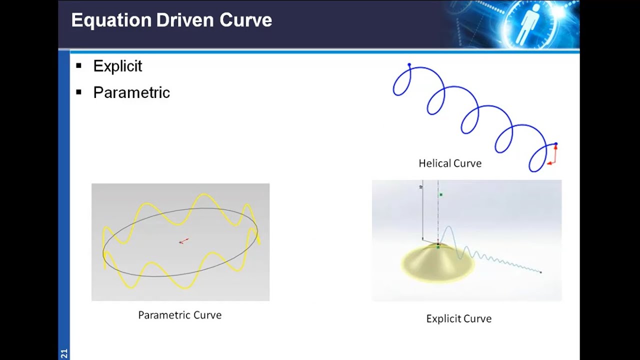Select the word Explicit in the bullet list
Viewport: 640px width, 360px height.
pos(117,66)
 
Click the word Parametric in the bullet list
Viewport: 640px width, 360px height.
pos(131,93)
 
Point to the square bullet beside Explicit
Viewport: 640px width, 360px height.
pos(78,66)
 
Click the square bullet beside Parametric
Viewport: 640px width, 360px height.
pos(78,92)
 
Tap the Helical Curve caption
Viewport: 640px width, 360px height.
pos(450,163)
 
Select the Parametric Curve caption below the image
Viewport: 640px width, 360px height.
pos(179,315)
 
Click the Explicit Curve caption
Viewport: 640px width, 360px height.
pos(458,319)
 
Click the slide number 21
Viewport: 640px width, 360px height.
pos(64,353)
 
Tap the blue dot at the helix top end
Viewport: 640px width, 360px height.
pos(409,65)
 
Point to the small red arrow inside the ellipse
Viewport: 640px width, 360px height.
pos(184,241)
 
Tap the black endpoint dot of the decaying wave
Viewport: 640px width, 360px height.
pos(540,272)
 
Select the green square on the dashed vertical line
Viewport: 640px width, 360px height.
pos(440,194)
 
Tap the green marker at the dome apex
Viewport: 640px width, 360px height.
pos(438,247)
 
